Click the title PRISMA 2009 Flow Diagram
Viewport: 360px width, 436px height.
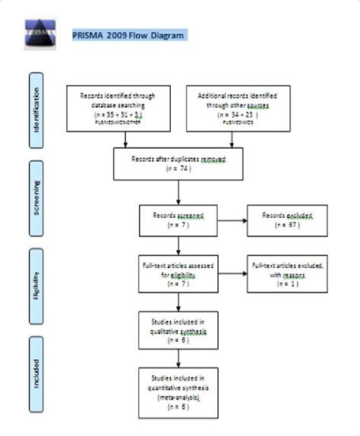126,35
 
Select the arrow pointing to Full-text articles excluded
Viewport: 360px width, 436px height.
233,273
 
